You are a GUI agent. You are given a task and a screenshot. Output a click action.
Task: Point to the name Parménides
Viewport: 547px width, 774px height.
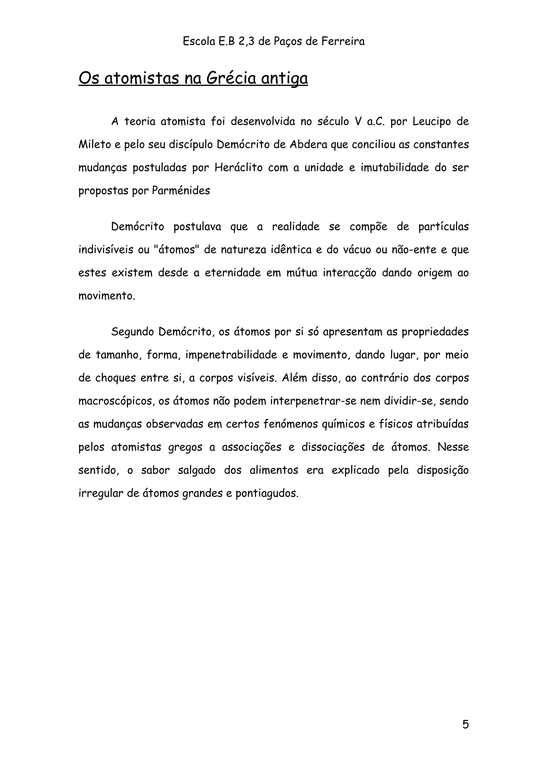pyautogui.click(x=181, y=190)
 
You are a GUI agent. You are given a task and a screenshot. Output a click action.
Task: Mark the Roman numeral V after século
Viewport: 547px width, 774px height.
pyautogui.click(x=358, y=121)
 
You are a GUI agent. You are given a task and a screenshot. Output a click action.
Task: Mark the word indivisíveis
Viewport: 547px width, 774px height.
pyautogui.click(x=106, y=250)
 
